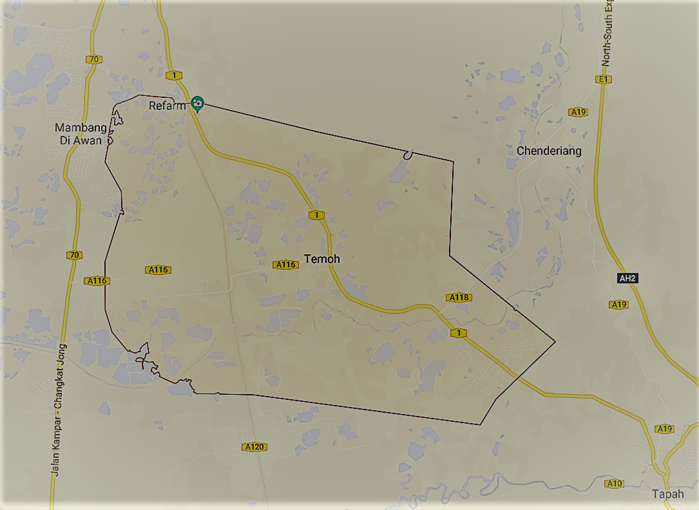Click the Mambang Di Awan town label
[x=81, y=134]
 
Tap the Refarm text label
[x=167, y=106]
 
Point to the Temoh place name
[x=322, y=259]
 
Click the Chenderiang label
[x=549, y=151]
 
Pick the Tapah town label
[x=667, y=495]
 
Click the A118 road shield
[x=459, y=297]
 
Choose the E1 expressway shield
[x=603, y=79]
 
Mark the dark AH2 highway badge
[x=627, y=279]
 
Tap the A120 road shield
[x=254, y=447]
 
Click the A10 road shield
[x=615, y=484]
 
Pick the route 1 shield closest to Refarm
[x=173, y=75]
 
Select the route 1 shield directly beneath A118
[x=458, y=333]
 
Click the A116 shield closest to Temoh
[x=285, y=265]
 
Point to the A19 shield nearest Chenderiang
[x=579, y=112]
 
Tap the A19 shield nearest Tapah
[x=664, y=429]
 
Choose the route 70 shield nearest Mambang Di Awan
[x=94, y=59]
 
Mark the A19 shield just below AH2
[x=619, y=305]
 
